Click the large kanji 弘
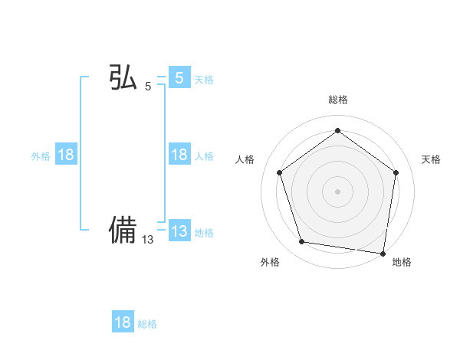pos(123,78)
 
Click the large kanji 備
pos(123,230)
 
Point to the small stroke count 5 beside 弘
pos(148,87)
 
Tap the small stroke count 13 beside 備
pos(147,240)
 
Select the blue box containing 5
pos(179,77)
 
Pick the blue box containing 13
pos(179,231)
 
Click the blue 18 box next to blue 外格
pos(66,155)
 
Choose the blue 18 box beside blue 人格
pos(179,155)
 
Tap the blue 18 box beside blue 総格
pos(123,322)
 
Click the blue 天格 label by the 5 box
pos(204,79)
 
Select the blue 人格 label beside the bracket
pos(204,156)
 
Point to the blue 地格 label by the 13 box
pos(204,233)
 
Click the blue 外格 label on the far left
pos(41,156)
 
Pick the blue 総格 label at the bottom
pos(147,324)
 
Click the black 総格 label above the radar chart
pos(337,100)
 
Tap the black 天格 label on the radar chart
pos(431,159)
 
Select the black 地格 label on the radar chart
pos(402,262)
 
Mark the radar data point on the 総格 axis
pos(337,131)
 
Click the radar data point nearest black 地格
pos(383,252)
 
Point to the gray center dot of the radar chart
pos(337,191)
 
